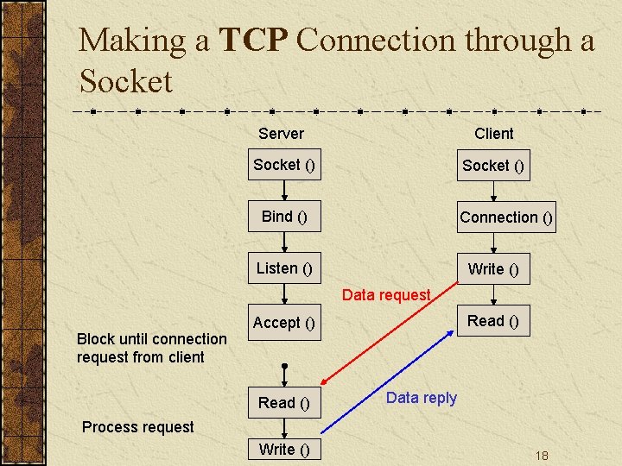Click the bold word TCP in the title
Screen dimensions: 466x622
(x=255, y=41)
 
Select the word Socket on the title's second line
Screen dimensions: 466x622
(x=126, y=82)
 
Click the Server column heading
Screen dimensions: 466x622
(x=281, y=134)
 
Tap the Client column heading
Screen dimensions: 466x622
(x=493, y=134)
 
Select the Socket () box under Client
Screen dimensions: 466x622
(x=493, y=166)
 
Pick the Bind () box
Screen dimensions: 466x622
(x=284, y=217)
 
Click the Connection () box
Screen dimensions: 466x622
(x=505, y=217)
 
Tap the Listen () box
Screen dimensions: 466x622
(x=284, y=268)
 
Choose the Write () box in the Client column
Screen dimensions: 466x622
(x=493, y=269)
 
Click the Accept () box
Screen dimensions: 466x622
(x=284, y=323)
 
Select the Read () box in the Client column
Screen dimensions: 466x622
(x=493, y=321)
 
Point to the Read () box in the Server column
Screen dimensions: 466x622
(x=284, y=403)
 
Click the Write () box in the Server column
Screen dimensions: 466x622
(x=284, y=450)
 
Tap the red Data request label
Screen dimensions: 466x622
(x=385, y=295)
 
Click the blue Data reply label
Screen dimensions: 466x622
(x=421, y=398)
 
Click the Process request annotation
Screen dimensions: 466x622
(x=137, y=427)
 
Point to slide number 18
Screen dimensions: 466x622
(x=542, y=456)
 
